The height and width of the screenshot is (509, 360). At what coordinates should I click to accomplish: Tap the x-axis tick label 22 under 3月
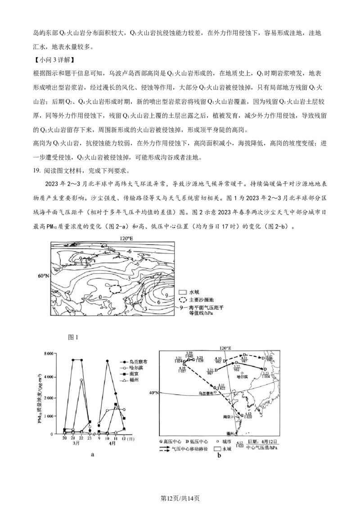tap(81, 438)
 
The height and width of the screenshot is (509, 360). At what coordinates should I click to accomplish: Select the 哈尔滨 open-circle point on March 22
tap(81, 380)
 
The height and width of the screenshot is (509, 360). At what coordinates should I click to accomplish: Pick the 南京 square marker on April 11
tap(116, 404)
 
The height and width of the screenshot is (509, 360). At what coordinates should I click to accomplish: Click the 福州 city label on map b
tap(230, 433)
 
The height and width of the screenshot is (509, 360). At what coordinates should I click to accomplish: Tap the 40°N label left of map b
tap(154, 393)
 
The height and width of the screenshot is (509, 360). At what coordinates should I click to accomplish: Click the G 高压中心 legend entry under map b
tap(171, 442)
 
